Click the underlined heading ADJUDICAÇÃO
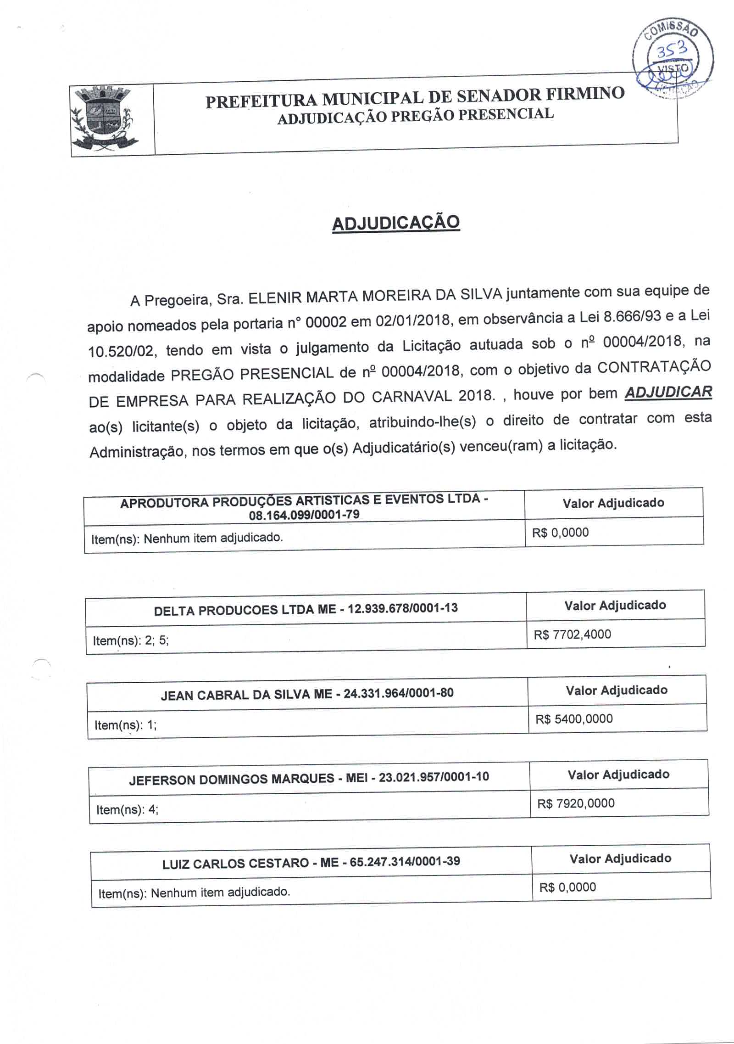click(395, 223)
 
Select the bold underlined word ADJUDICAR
click(668, 393)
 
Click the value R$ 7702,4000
click(572, 634)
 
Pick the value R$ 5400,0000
click(574, 719)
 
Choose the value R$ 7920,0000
click(576, 803)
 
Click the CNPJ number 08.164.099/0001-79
click(304, 515)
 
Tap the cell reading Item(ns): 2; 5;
click(131, 640)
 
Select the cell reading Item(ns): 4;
click(127, 809)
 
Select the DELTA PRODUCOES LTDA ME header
click(306, 609)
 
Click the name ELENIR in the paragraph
click(275, 298)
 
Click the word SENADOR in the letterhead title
click(492, 95)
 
